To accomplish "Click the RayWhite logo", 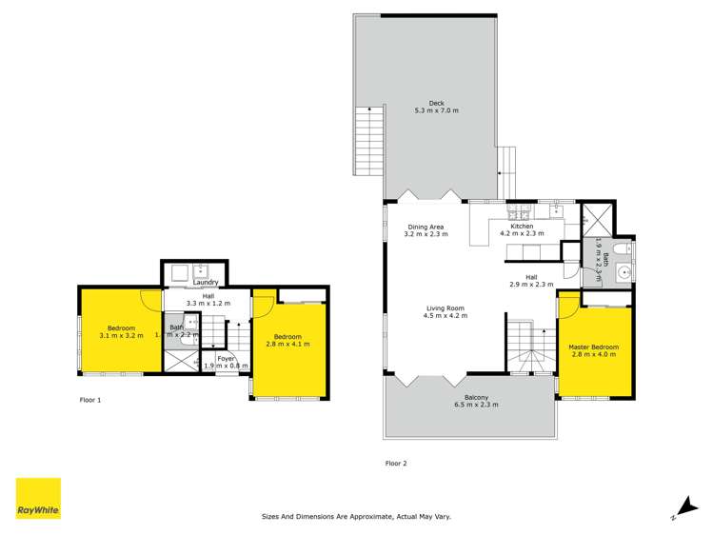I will [38, 499].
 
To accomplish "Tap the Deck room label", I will [436, 103].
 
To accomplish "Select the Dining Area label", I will [424, 227].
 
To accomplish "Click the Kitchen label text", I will [521, 226].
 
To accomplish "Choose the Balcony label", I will [477, 397].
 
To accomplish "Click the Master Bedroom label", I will [594, 347].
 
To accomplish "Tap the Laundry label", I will [206, 283].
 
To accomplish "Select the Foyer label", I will [227, 358].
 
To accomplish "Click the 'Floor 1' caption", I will [89, 400].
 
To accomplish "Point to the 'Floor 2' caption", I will [395, 464].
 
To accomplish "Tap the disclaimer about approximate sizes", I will [356, 517].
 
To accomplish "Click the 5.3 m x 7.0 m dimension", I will [436, 111].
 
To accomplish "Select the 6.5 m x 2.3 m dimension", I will [477, 406].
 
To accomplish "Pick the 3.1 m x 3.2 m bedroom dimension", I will [121, 336].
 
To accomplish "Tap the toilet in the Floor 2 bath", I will [620, 250].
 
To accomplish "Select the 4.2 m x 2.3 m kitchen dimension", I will [521, 234].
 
